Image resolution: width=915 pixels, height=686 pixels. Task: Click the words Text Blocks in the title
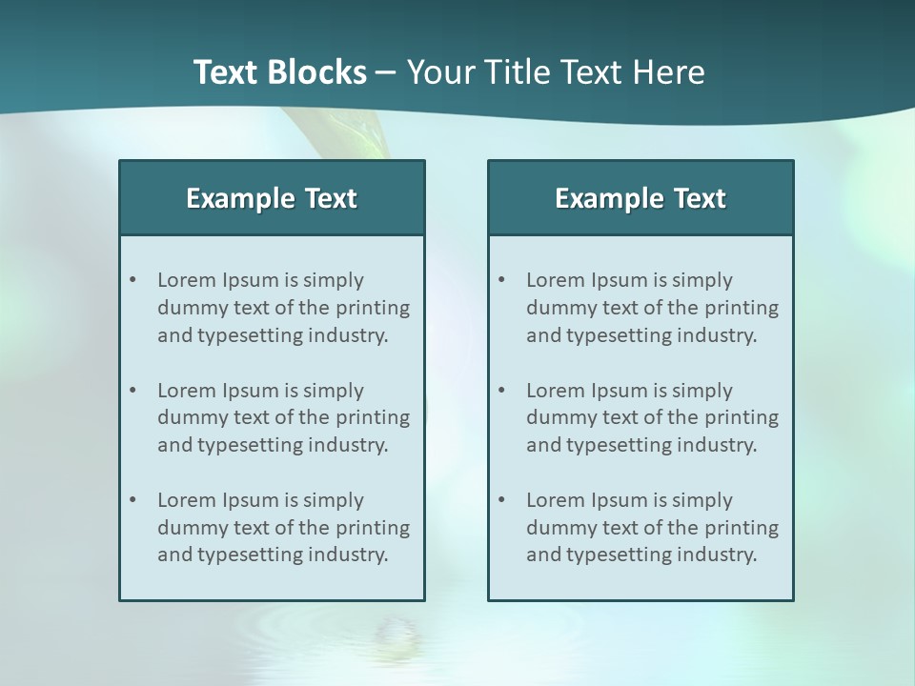[279, 72]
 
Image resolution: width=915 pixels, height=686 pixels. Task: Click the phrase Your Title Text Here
[556, 72]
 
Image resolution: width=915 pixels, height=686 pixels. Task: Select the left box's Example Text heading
[272, 198]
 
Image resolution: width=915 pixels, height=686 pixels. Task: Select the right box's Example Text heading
[640, 198]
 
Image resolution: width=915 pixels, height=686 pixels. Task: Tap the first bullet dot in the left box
[132, 280]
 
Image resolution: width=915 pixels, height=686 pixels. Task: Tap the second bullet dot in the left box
[132, 391]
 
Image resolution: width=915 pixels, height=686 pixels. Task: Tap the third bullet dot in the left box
[132, 500]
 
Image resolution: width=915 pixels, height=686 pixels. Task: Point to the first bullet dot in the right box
[501, 280]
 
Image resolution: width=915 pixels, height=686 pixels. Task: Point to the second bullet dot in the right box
[501, 391]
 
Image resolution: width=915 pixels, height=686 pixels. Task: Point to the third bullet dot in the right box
[501, 500]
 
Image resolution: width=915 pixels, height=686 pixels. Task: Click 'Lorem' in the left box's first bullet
[187, 280]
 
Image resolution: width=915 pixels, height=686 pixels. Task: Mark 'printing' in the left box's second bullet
[374, 417]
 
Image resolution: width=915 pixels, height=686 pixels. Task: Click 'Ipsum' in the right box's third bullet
[620, 500]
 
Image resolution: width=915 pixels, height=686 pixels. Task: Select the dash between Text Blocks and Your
[386, 72]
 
